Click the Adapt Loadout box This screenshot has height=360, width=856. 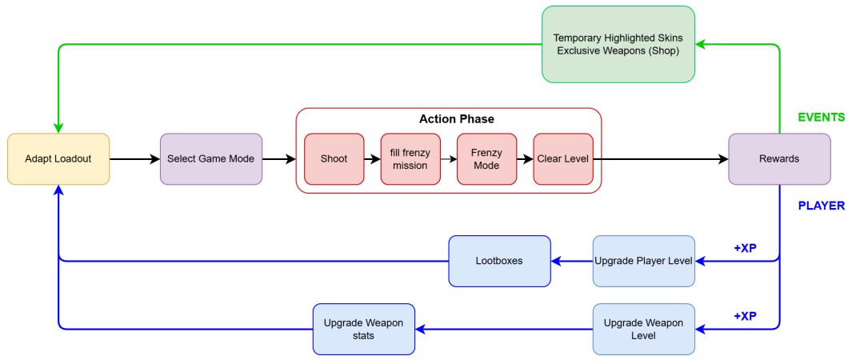pyautogui.click(x=58, y=159)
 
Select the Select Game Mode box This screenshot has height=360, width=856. pyautogui.click(x=211, y=159)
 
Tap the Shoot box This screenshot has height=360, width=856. pyautogui.click(x=334, y=159)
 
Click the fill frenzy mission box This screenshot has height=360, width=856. pyautogui.click(x=410, y=159)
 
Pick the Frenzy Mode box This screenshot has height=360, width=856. pyautogui.click(x=486, y=159)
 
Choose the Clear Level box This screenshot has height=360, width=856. pyautogui.click(x=563, y=159)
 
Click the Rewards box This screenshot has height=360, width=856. pyautogui.click(x=779, y=159)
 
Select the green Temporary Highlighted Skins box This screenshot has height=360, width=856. pyautogui.click(x=618, y=45)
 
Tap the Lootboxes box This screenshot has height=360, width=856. pyautogui.click(x=500, y=261)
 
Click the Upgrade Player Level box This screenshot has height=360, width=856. pyautogui.click(x=644, y=261)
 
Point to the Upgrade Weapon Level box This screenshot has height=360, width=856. pyautogui.click(x=644, y=329)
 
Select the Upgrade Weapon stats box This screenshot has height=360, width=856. pyautogui.click(x=364, y=329)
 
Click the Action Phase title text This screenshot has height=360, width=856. pyautogui.click(x=456, y=119)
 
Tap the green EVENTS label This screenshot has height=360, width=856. pyautogui.click(x=821, y=118)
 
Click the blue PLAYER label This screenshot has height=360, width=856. pyautogui.click(x=821, y=206)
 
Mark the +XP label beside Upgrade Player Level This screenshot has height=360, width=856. pyautogui.click(x=745, y=248)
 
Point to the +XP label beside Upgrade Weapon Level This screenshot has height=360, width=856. pyautogui.click(x=745, y=316)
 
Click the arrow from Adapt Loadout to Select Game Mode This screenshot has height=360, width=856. pyautogui.click(x=134, y=159)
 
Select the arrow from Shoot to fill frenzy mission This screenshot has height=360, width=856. pyautogui.click(x=371, y=159)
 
